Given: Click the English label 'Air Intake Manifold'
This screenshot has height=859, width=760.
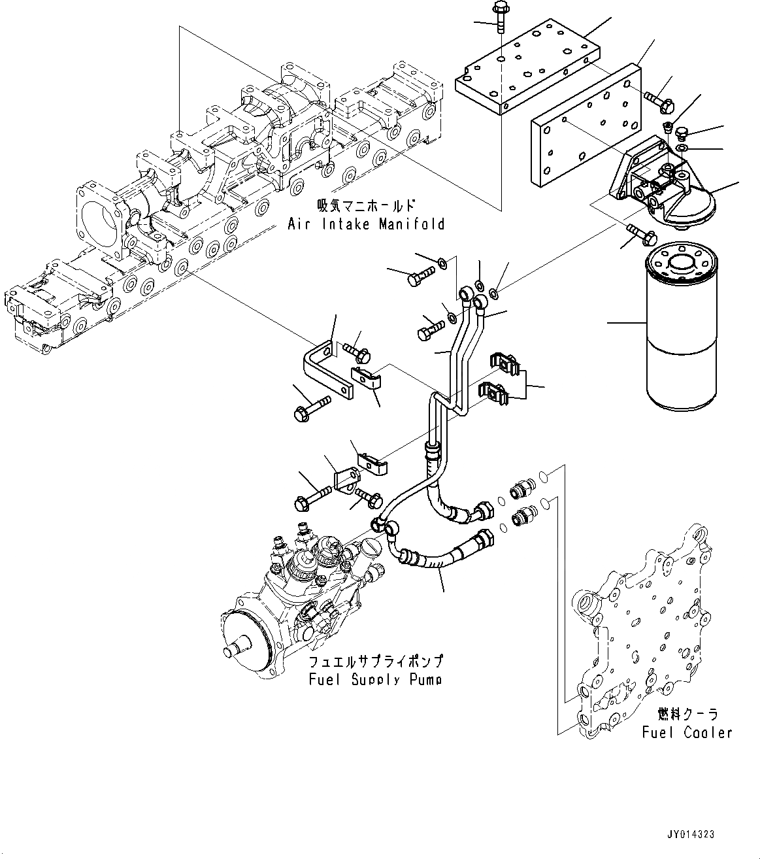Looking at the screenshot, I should pyautogui.click(x=366, y=224).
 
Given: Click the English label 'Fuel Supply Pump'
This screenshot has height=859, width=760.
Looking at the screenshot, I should pyautogui.click(x=375, y=680).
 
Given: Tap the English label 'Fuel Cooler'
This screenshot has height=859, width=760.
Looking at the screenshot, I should pyautogui.click(x=687, y=732).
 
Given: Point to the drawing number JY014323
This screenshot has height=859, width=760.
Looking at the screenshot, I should pyautogui.click(x=691, y=834).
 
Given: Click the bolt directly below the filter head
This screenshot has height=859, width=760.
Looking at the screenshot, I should pyautogui.click(x=637, y=233).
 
